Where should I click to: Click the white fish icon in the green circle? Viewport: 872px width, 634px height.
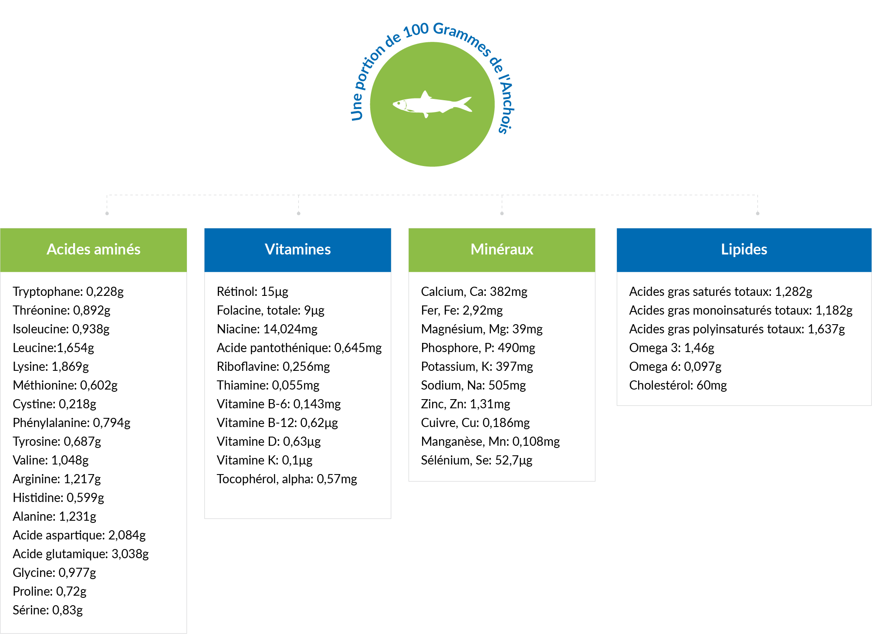click(x=431, y=105)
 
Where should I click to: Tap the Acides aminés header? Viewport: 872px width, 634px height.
click(x=94, y=250)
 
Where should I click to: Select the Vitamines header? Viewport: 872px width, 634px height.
click(x=297, y=250)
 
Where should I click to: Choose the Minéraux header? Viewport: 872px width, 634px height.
click(x=502, y=250)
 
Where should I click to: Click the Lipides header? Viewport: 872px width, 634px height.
click(x=744, y=250)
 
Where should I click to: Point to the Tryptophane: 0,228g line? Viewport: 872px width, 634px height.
click(x=68, y=292)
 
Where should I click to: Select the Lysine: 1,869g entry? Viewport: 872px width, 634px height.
click(x=51, y=366)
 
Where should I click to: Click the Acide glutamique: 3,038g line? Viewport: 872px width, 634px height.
click(x=81, y=554)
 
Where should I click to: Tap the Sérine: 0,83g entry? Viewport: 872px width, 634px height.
click(x=47, y=610)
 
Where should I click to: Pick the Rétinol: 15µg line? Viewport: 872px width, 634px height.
click(x=253, y=292)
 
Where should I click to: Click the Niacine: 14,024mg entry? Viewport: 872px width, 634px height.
click(x=267, y=329)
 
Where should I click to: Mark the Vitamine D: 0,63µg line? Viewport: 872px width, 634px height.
click(x=269, y=441)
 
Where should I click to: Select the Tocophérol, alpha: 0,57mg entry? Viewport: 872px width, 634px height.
click(x=287, y=479)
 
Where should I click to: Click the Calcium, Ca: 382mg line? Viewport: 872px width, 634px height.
click(x=474, y=292)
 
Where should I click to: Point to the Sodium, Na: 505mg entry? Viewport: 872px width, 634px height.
click(x=473, y=385)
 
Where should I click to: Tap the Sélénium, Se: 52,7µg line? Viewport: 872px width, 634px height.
click(x=477, y=460)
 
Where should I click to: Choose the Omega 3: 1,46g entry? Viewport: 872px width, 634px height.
click(x=672, y=348)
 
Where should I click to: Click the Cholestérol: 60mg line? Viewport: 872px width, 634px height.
click(x=678, y=385)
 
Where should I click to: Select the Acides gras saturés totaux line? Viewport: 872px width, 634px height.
click(x=720, y=292)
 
